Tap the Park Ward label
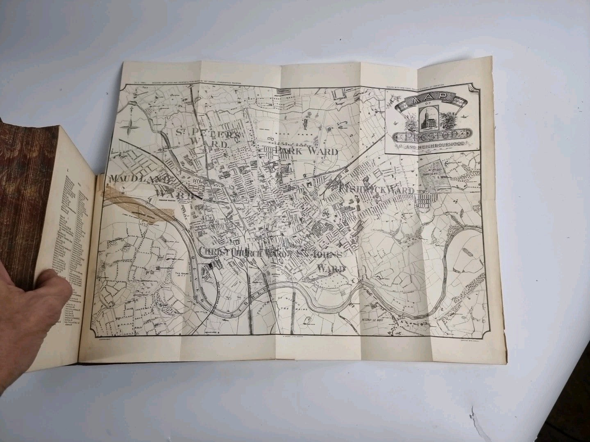pyautogui.click(x=306, y=151)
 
